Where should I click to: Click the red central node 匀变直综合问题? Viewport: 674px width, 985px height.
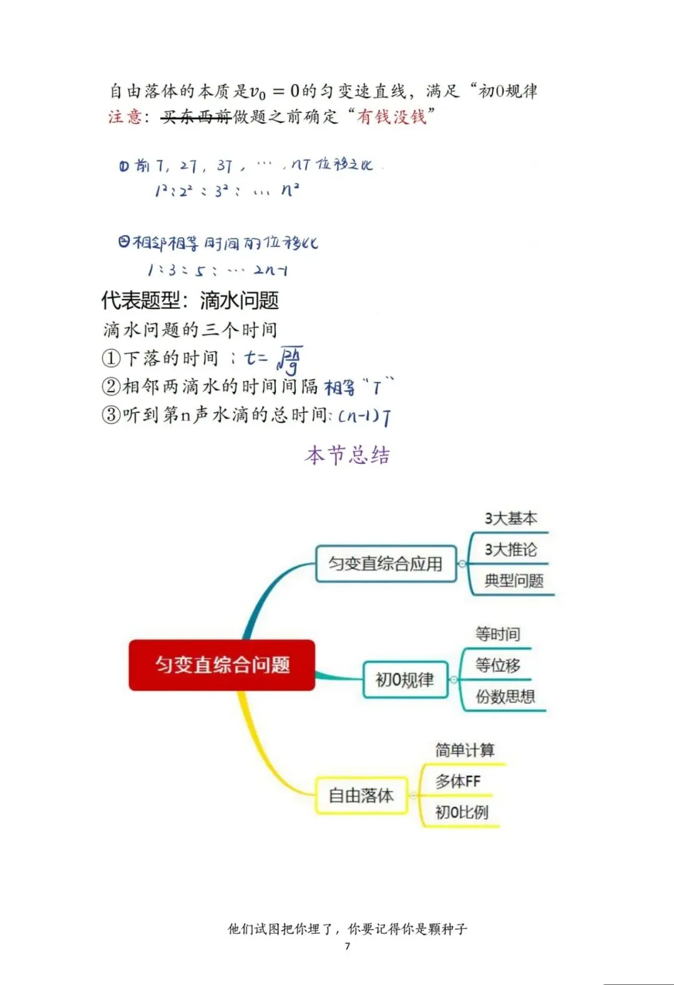tap(222, 665)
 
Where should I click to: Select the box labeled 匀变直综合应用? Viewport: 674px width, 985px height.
tap(386, 564)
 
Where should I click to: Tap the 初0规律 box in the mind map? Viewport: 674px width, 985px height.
tap(405, 680)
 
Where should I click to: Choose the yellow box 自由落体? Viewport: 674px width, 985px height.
tap(361, 795)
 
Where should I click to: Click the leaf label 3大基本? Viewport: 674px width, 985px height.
tap(510, 519)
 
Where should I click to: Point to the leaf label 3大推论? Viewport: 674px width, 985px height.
tap(510, 550)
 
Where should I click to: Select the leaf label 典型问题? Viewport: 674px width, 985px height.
tap(514, 581)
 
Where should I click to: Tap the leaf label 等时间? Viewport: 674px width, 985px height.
tap(497, 634)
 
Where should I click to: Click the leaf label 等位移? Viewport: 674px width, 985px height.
tap(497, 665)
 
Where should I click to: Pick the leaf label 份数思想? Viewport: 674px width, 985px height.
tap(505, 697)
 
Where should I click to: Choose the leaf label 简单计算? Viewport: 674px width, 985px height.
tap(464, 750)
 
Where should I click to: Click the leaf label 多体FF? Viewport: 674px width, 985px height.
tap(457, 782)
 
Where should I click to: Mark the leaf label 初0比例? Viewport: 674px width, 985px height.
tap(461, 813)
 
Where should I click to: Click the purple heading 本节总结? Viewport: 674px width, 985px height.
tap(347, 455)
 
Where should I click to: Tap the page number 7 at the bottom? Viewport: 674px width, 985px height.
tap(348, 946)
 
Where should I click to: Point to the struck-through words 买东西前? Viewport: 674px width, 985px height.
tap(196, 117)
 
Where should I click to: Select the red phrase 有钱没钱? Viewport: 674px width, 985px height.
tap(391, 117)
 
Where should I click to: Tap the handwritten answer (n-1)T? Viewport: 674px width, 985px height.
tap(365, 416)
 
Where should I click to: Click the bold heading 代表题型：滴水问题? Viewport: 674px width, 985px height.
tap(190, 301)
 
